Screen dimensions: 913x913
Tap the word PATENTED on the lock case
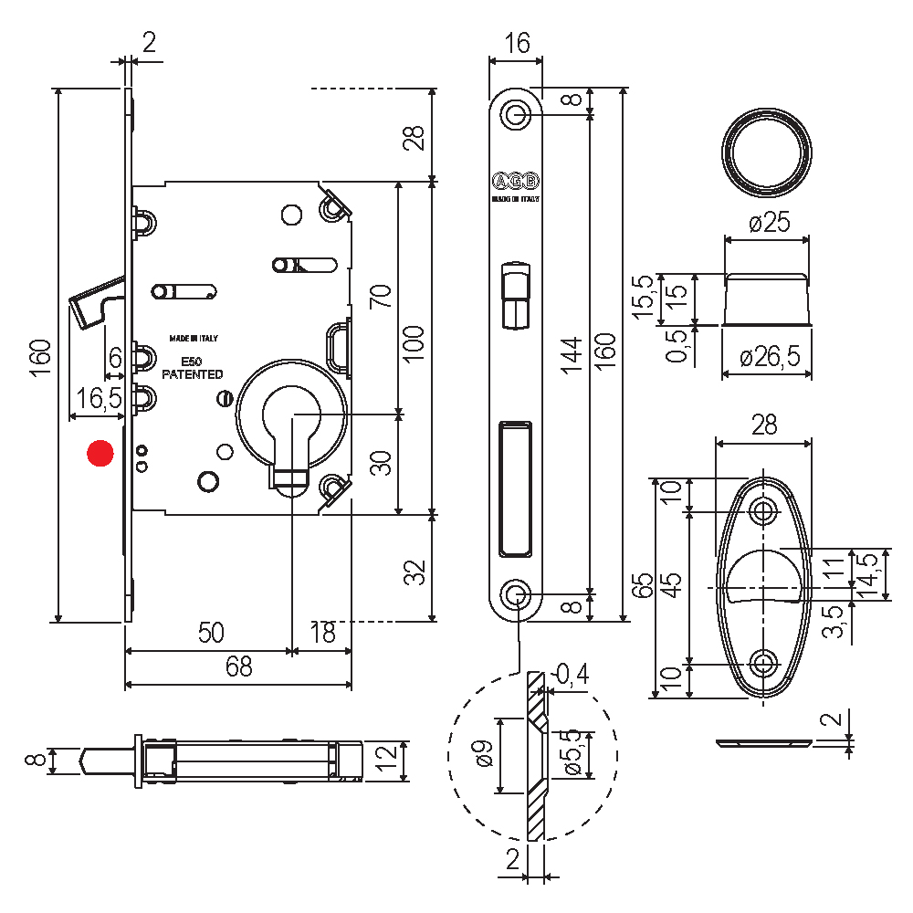click(x=192, y=374)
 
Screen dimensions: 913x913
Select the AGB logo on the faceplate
click(x=515, y=179)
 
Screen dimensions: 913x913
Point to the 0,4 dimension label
click(x=572, y=675)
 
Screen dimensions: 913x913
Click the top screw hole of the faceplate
click(x=516, y=115)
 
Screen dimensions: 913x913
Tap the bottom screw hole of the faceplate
click(x=516, y=595)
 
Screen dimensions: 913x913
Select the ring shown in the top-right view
click(x=767, y=151)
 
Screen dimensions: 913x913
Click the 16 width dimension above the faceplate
click(x=516, y=43)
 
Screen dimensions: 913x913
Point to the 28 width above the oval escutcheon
click(x=763, y=424)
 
